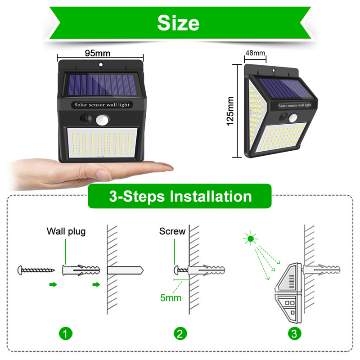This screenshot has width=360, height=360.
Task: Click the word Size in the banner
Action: pos(178,22)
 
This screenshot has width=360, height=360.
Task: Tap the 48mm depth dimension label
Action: pos(255,53)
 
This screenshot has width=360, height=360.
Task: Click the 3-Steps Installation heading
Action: pos(180,196)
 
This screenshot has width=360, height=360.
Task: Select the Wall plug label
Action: pos(66,232)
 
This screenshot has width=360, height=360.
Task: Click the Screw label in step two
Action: pos(172,231)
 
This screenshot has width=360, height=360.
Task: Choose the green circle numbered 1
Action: pos(66,333)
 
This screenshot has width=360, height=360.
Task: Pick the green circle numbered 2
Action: pos(180,333)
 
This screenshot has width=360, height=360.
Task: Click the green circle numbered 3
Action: pos(294,333)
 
